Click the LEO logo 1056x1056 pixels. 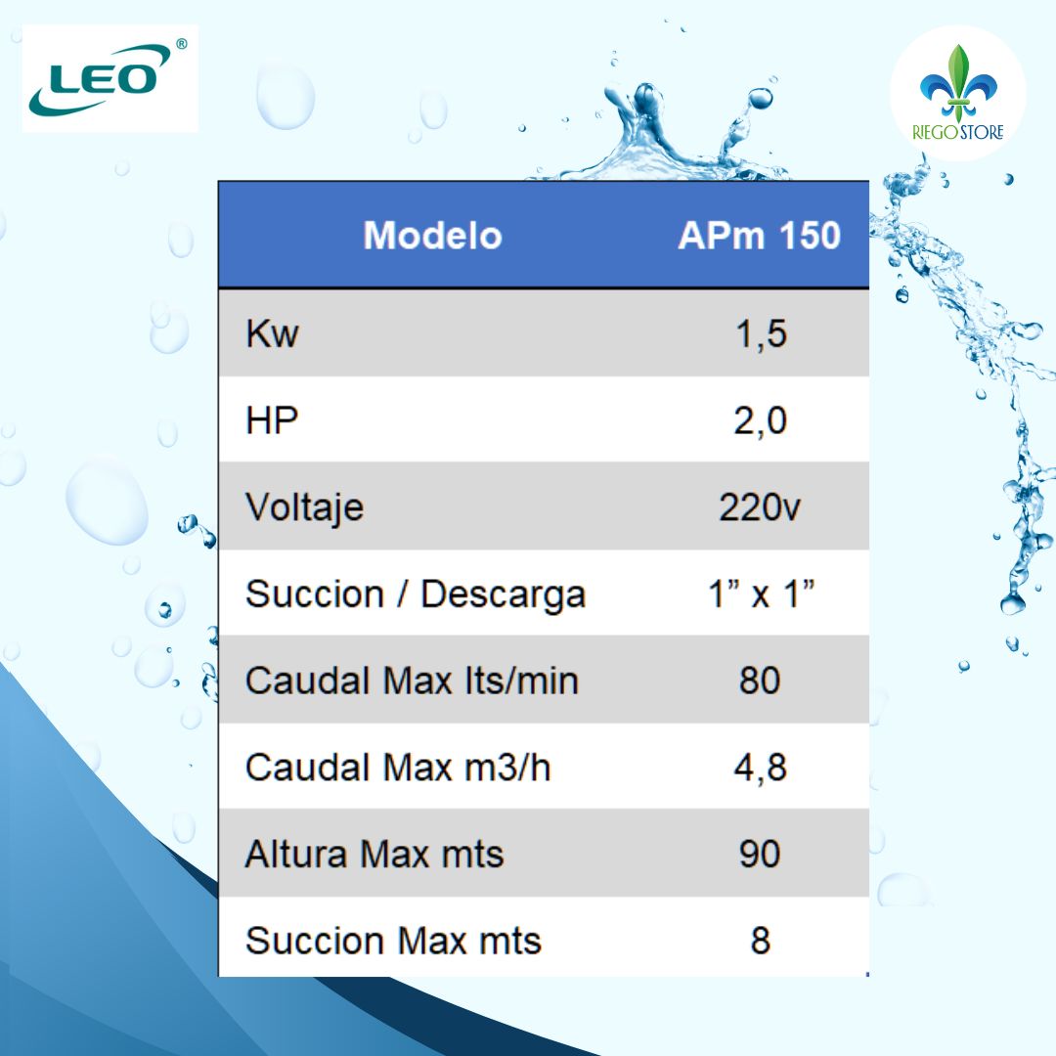tap(110, 78)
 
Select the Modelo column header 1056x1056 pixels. tap(432, 236)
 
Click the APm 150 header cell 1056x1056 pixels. tap(759, 236)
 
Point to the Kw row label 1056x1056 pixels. tap(272, 335)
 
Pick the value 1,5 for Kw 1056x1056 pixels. tap(760, 335)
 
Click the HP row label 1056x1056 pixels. tap(272, 421)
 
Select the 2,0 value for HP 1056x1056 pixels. tap(760, 421)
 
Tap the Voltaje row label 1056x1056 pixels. tap(304, 507)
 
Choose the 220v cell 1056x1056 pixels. tap(760, 507)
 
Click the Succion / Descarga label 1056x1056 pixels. tap(415, 594)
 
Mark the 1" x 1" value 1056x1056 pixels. tap(760, 594)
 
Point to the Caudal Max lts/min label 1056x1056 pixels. tap(412, 681)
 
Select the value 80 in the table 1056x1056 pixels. tap(760, 681)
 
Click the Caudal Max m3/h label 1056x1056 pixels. tap(398, 768)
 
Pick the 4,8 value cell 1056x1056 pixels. tap(760, 768)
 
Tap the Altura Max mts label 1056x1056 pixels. tap(374, 855)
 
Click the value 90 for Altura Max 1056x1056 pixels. tap(760, 855)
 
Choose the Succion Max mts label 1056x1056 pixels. tap(393, 941)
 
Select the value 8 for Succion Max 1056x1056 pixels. tap(760, 941)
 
